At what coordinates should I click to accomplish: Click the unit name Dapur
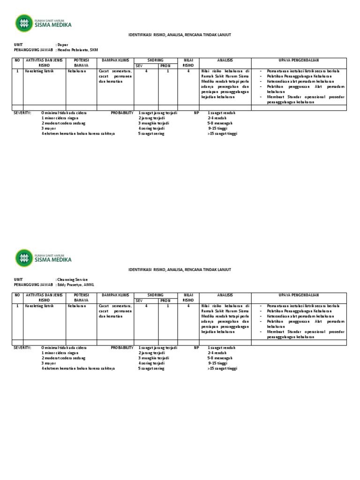[63, 44]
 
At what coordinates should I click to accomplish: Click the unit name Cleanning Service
[73, 279]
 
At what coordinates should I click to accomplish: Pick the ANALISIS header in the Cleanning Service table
[225, 295]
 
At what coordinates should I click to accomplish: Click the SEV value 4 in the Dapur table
[146, 71]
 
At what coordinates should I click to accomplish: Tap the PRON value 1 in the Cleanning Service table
[168, 306]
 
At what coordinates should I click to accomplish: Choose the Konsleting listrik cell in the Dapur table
[39, 71]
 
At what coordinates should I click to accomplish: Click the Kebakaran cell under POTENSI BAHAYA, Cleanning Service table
[77, 306]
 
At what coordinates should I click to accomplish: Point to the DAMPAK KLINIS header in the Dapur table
[114, 60]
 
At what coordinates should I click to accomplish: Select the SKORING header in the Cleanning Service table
[156, 295]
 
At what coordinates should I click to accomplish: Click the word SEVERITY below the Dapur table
[22, 113]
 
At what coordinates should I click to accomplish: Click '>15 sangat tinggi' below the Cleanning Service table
[222, 368]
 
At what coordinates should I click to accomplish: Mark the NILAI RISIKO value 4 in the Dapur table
[188, 71]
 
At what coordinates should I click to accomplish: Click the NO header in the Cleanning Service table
[18, 295]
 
